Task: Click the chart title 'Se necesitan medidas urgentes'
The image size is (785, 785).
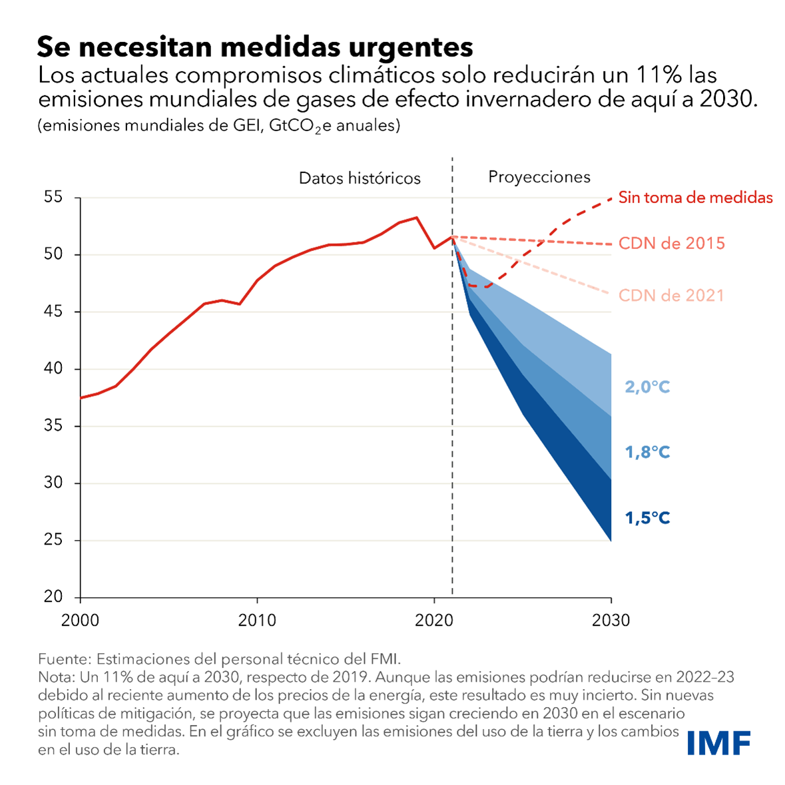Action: point(254,47)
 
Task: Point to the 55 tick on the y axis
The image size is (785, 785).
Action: point(53,197)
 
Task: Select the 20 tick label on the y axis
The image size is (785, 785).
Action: point(53,597)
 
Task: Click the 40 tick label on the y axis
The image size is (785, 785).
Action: point(53,368)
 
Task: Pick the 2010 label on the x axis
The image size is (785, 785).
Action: point(257,621)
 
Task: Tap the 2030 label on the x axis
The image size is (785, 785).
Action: point(611,621)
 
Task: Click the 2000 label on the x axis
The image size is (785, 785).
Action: point(80,621)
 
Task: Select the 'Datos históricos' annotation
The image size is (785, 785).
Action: point(360,178)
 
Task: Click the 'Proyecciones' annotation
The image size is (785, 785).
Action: point(539,177)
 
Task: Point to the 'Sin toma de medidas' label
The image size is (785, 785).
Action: point(696,198)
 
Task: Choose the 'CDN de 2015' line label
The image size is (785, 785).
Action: point(672,243)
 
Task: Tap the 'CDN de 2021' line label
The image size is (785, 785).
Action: point(671,296)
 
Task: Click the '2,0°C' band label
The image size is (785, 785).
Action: point(647,387)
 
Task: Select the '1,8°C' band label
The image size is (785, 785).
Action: point(647,453)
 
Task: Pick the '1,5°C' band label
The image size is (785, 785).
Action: point(647,518)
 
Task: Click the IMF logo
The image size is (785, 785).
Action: point(718,743)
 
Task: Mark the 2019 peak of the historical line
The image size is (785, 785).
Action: point(417,217)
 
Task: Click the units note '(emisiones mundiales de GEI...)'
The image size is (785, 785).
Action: point(219,126)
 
